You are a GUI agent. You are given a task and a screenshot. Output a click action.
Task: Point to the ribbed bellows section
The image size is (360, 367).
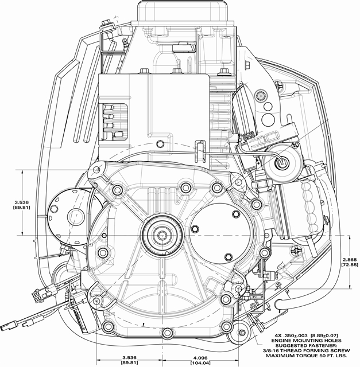[x=313, y=207]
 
